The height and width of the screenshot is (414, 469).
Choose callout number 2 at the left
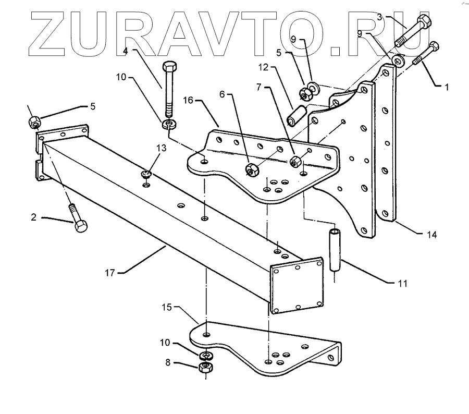pyautogui.click(x=34, y=217)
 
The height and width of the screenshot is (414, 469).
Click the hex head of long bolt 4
pyautogui.click(x=169, y=68)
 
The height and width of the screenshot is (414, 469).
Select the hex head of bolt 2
pyautogui.click(x=81, y=227)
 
